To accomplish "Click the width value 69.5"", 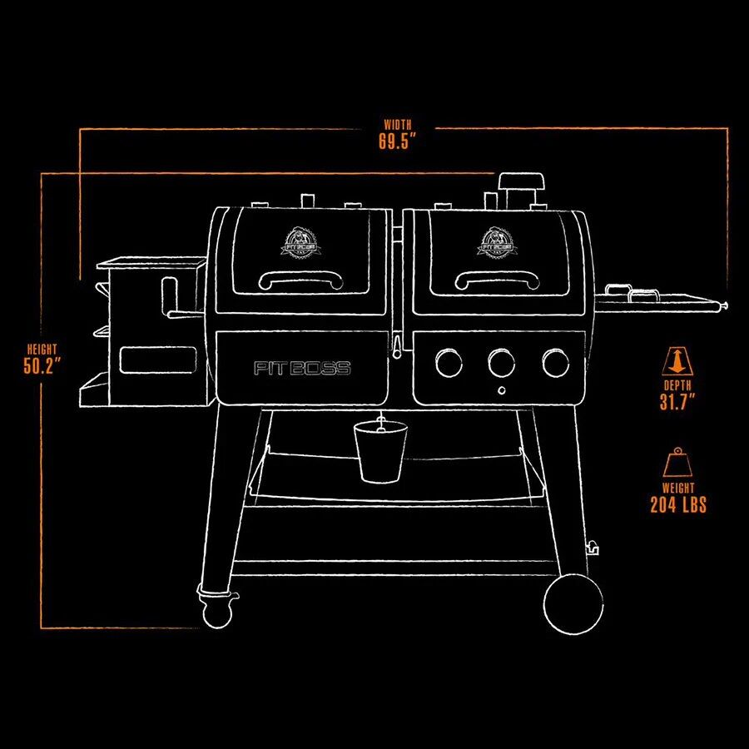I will (x=397, y=141).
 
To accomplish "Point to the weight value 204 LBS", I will (x=678, y=504).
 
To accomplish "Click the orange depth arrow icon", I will (x=676, y=361).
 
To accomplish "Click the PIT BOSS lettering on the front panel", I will (x=302, y=369).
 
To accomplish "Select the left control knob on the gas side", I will (x=449, y=362).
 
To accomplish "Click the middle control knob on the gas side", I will (x=502, y=362).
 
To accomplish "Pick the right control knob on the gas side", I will (x=555, y=362).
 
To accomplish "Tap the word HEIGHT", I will (x=43, y=350).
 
